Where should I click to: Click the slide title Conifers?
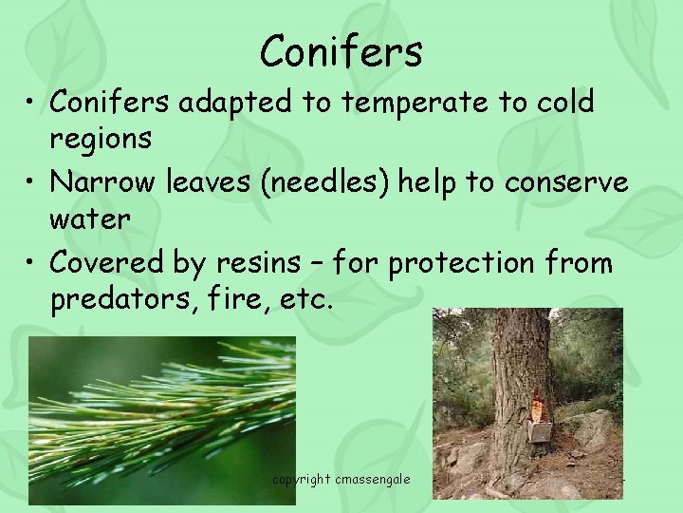tap(341, 51)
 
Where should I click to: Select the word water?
tap(89, 218)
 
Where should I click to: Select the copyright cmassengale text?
tap(341, 479)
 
